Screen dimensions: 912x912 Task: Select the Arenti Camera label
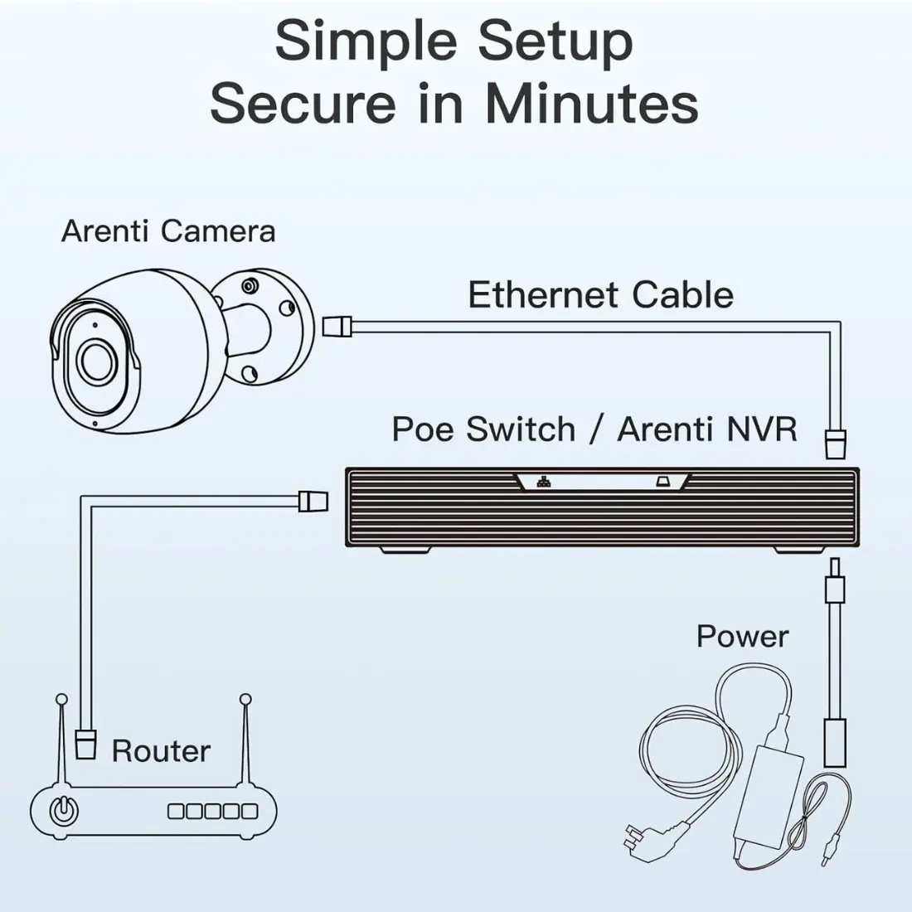(x=168, y=230)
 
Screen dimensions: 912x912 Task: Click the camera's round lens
(x=97, y=361)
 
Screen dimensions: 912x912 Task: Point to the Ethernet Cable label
(x=600, y=295)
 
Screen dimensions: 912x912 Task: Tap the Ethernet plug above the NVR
(x=836, y=444)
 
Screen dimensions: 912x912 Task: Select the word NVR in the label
(x=761, y=429)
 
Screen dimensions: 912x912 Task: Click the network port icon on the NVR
(x=544, y=482)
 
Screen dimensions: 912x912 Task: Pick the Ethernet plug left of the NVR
(x=313, y=500)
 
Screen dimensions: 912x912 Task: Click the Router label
(x=161, y=751)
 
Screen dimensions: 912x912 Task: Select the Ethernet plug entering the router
(x=85, y=743)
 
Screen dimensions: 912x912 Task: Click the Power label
(x=742, y=637)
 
